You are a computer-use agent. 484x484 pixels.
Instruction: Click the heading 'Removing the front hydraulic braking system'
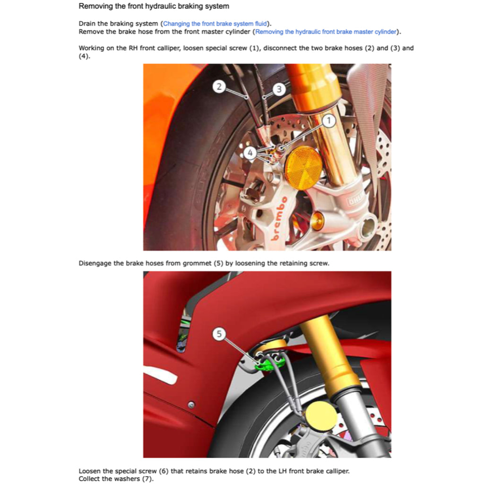[x=154, y=7]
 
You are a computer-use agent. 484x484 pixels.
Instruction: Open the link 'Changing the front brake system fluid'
[x=216, y=24]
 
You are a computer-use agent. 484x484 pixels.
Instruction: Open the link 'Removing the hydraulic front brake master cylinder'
[x=326, y=32]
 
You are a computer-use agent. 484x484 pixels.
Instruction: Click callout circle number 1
[x=329, y=121]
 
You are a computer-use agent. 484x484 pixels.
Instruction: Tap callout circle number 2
[x=218, y=86]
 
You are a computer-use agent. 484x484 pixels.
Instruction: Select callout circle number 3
[x=279, y=89]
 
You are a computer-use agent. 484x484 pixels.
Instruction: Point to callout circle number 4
[x=251, y=153]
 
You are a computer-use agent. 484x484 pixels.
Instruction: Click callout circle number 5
[x=218, y=334]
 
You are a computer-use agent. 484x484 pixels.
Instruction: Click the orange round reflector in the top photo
[x=303, y=168]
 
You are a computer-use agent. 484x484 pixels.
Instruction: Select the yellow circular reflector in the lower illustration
[x=321, y=416]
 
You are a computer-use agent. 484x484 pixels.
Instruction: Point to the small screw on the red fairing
[x=191, y=405]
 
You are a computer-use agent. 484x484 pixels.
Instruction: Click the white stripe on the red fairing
[x=161, y=377]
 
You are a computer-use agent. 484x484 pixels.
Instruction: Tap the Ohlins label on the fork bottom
[x=355, y=202]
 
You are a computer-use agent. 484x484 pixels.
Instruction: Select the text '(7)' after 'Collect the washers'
[x=148, y=479]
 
